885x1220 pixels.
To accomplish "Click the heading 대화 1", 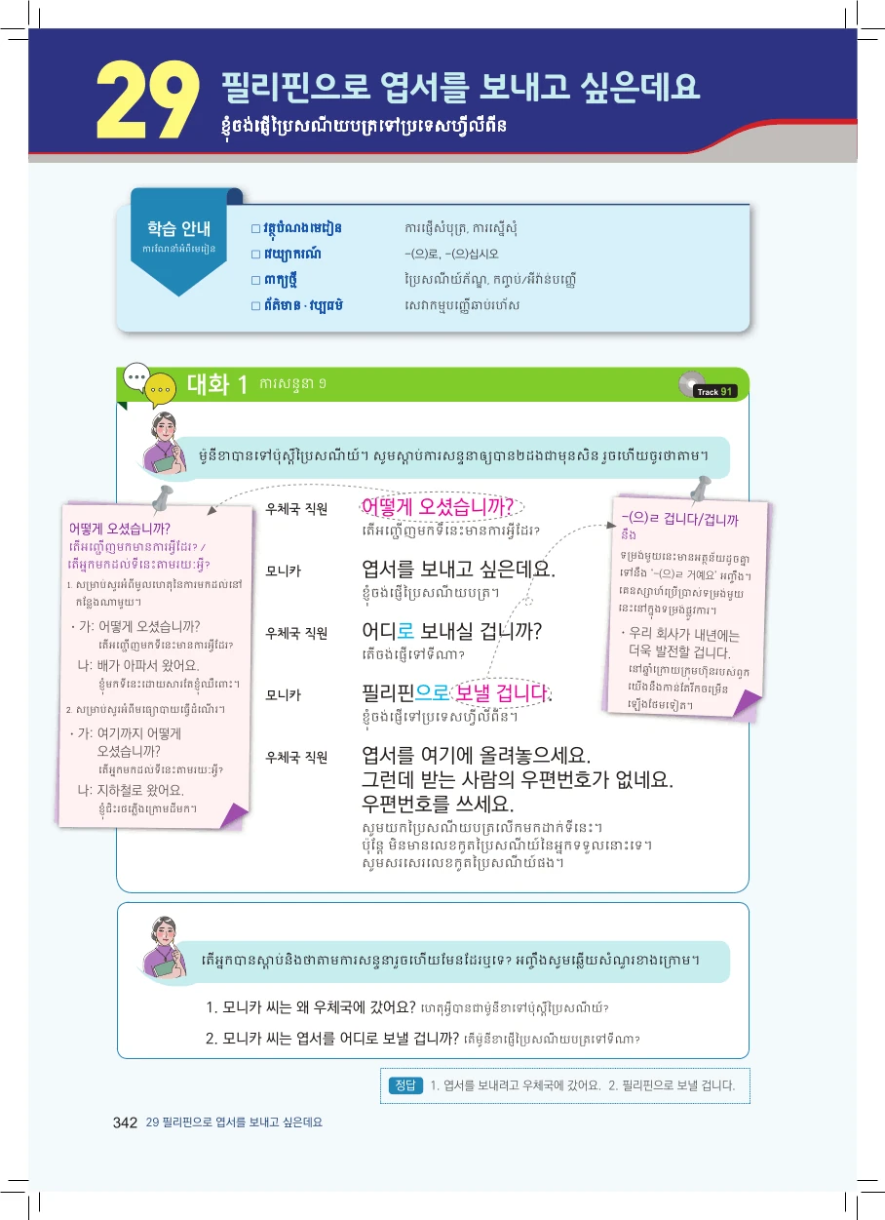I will pos(217,384).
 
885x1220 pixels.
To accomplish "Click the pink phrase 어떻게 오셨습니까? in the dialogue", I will pos(438,507).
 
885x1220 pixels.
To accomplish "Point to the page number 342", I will pos(125,1122).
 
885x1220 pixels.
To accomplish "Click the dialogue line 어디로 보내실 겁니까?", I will pos(451,630).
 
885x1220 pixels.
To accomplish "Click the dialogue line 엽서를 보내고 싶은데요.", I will pos(458,569).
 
